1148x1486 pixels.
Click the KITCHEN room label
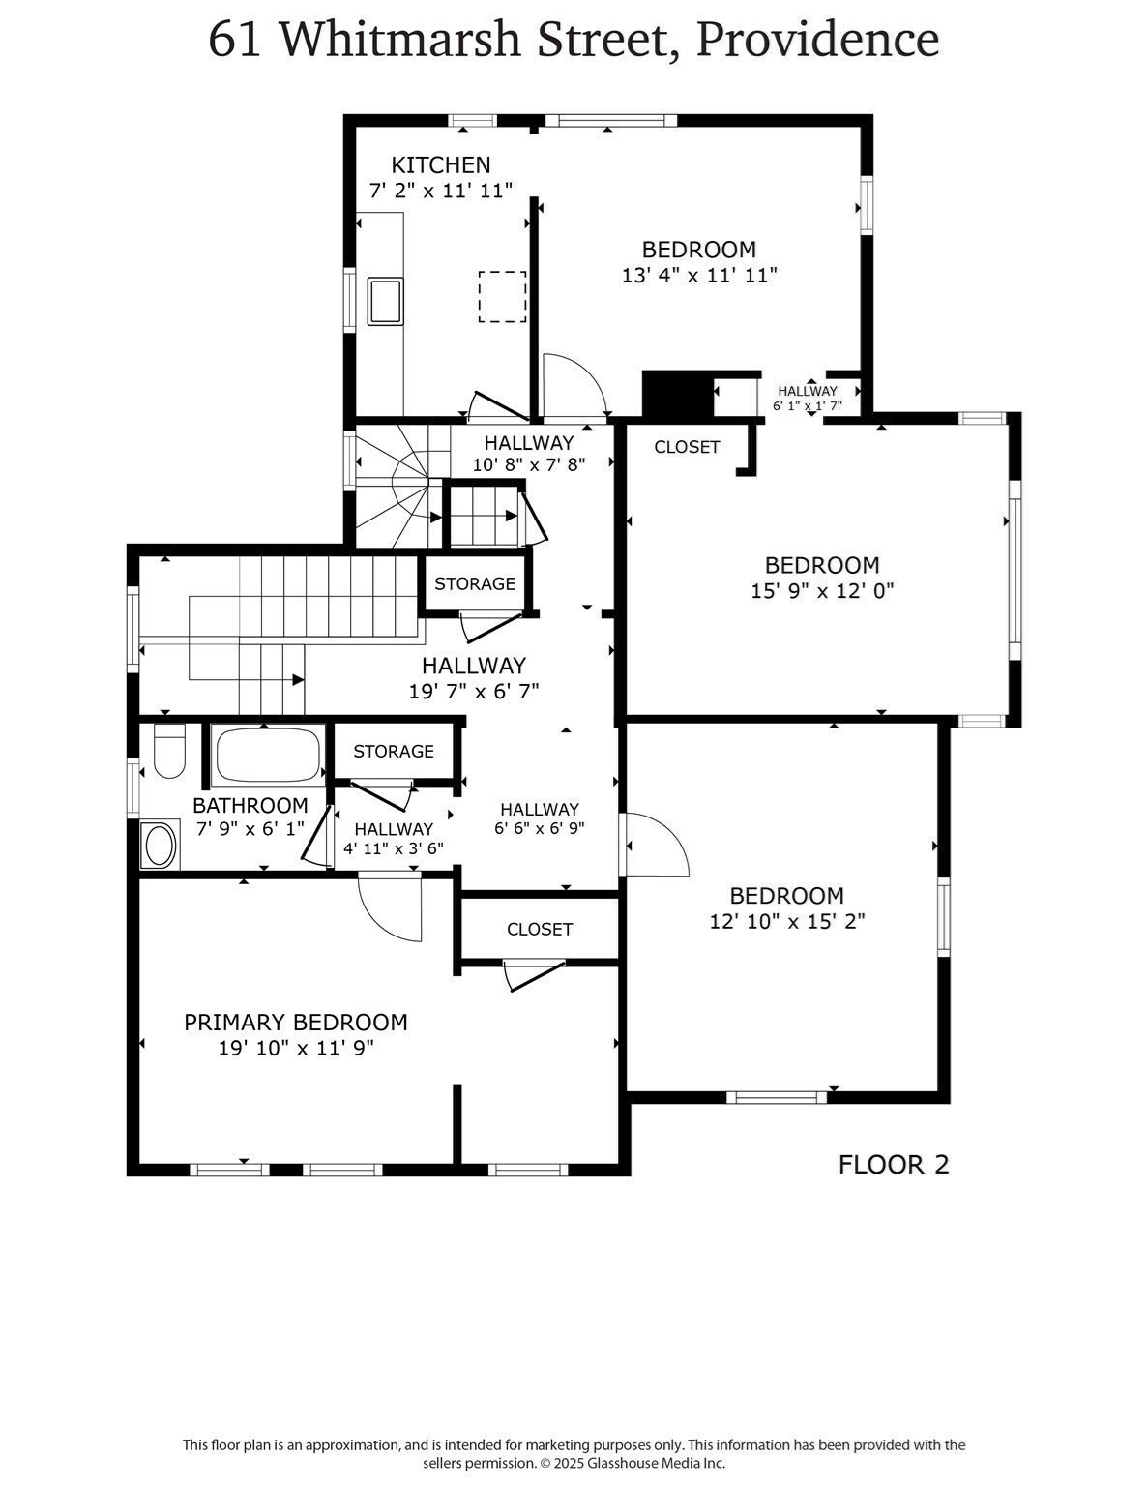440,165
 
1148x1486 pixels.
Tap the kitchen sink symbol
385,300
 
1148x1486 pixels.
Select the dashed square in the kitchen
502,296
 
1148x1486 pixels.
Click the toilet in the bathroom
169,752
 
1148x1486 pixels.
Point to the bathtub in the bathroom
268,754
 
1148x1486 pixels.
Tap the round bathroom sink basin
160,845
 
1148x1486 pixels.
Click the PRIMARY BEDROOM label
296,1023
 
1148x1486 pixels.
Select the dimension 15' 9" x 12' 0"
822,590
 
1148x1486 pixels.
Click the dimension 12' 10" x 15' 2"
786,921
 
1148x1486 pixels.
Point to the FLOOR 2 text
894,1165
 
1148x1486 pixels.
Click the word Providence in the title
817,41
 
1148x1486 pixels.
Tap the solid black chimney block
677,394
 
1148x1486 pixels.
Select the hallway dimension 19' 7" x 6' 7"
473,691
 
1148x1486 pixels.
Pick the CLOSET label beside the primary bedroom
540,930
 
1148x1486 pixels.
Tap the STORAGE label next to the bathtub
393,752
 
